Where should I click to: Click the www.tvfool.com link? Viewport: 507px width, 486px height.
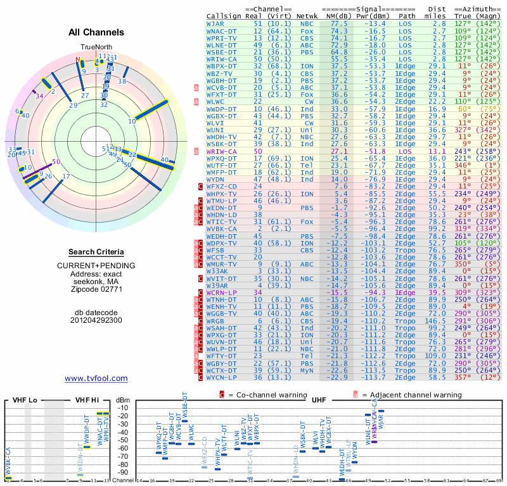(96, 378)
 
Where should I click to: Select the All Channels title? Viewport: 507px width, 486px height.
(96, 32)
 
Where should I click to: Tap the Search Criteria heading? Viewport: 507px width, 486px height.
(96, 252)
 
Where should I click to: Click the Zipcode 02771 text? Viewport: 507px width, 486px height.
(96, 289)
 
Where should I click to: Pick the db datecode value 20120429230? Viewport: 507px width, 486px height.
(96, 320)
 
